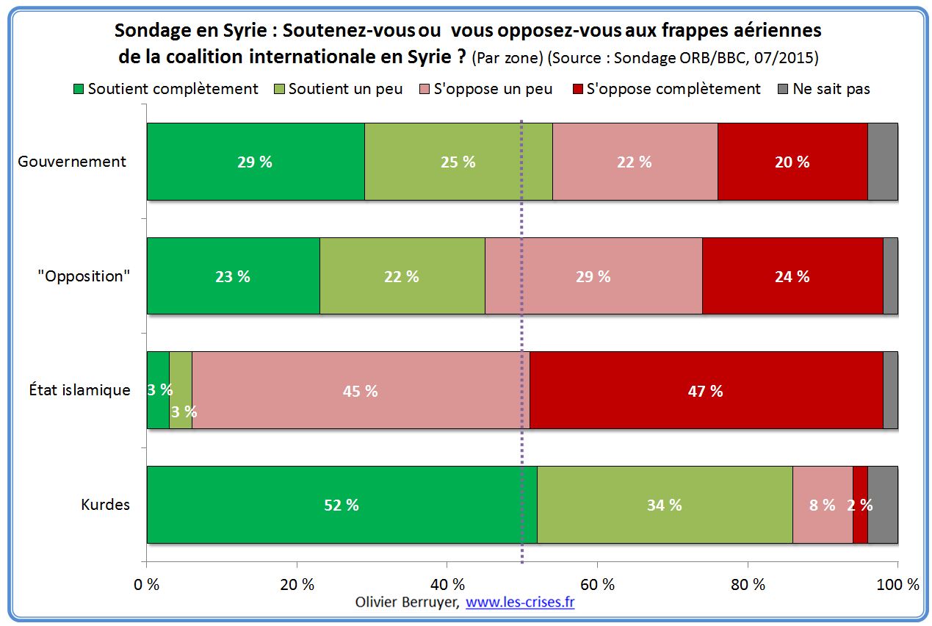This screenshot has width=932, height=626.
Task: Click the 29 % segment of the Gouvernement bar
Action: [256, 162]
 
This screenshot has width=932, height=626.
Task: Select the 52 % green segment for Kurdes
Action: [342, 505]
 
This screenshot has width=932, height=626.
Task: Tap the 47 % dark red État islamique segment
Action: [706, 391]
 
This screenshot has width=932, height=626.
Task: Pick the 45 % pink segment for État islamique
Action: [360, 391]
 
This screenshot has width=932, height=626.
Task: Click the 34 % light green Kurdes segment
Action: [665, 505]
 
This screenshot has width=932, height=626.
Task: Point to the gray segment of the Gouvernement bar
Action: [883, 162]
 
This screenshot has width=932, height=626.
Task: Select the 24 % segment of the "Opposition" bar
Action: [792, 276]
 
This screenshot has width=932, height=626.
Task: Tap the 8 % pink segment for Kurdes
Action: [822, 505]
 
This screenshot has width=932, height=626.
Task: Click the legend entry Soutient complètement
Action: [166, 89]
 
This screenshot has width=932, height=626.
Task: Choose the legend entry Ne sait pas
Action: [824, 89]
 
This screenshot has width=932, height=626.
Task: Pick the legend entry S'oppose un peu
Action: [485, 89]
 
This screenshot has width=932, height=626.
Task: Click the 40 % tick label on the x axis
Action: [447, 585]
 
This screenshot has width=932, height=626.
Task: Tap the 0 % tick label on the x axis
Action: [147, 585]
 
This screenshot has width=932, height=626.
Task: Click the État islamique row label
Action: [74, 390]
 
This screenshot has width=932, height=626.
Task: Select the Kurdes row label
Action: [106, 505]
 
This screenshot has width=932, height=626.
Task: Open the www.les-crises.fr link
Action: [520, 602]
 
